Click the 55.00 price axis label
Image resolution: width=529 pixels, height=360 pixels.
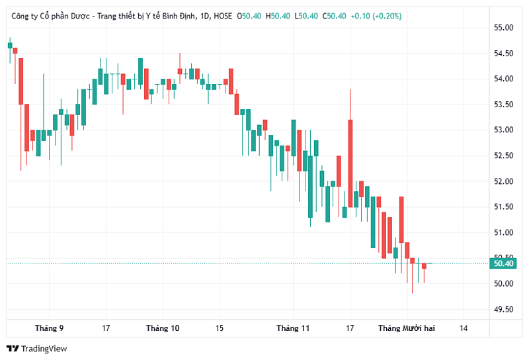tap(503, 28)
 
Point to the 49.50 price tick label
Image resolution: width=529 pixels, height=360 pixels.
tap(503, 309)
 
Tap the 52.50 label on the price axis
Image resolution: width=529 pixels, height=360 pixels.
tap(503, 156)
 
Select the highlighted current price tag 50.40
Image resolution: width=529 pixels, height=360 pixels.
tap(504, 263)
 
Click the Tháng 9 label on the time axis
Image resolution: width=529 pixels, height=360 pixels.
tap(50, 328)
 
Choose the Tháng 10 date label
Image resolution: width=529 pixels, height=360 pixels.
tap(163, 328)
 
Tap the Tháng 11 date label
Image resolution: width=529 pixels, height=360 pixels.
tap(293, 328)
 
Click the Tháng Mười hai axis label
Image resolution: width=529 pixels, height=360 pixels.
tap(406, 328)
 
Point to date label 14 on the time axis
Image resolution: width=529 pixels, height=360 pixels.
tap(464, 328)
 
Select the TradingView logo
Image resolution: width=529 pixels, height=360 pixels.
tap(37, 349)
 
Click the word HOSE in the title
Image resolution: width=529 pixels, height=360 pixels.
tap(223, 16)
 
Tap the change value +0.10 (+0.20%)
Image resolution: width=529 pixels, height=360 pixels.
tap(376, 16)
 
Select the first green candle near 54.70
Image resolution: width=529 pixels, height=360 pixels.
tap(10, 46)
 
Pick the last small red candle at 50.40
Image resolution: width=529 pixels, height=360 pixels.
tap(425, 266)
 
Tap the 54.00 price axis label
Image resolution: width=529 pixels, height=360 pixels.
tap(503, 79)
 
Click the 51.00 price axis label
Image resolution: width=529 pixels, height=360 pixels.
tap(503, 232)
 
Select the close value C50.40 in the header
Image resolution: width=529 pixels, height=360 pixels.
tap(335, 16)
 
